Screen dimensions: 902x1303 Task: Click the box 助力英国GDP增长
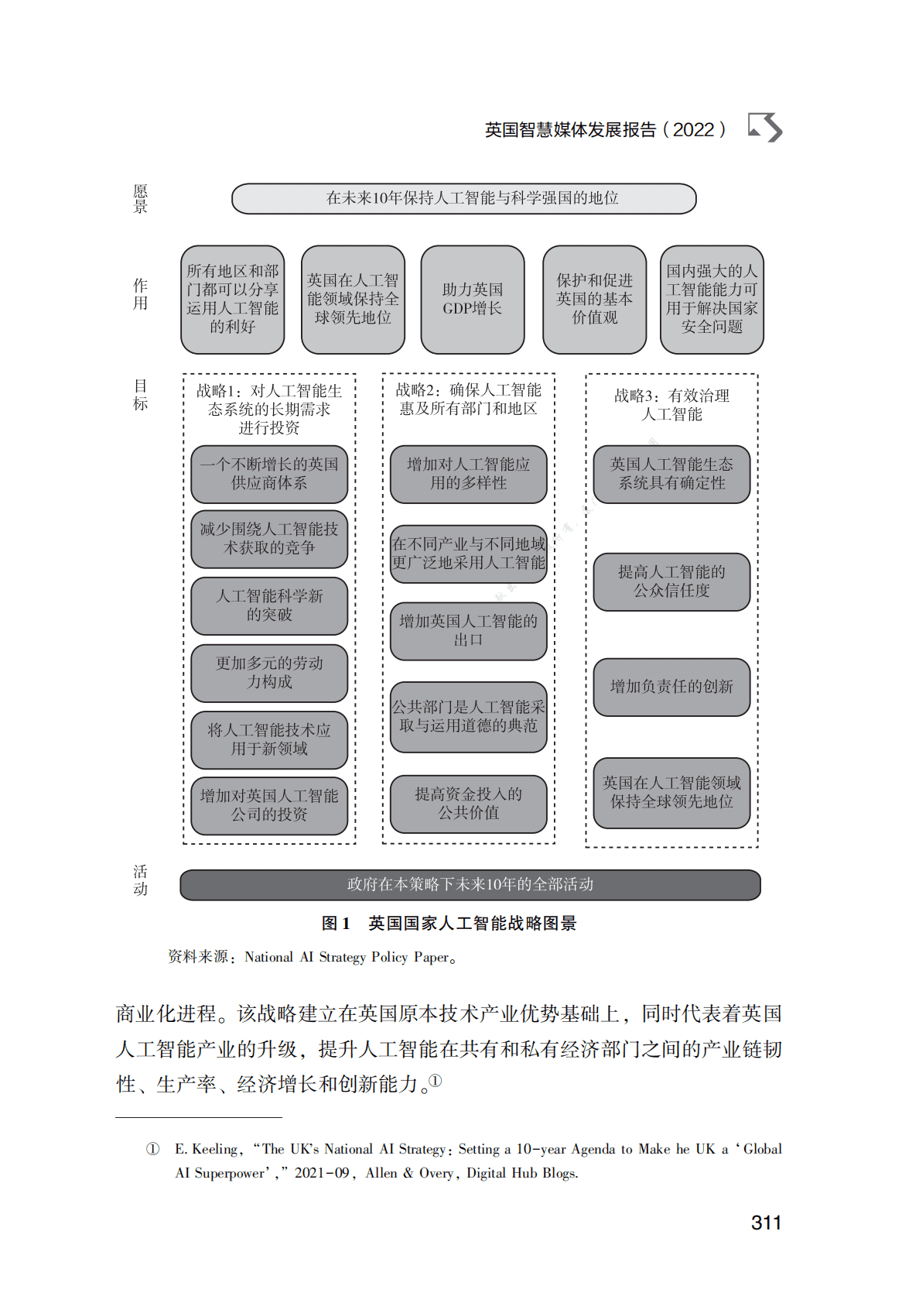pyautogui.click(x=472, y=300)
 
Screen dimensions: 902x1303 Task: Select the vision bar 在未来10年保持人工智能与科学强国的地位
pyautogui.click(x=464, y=198)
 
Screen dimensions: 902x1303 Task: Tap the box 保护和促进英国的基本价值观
pyautogui.click(x=594, y=300)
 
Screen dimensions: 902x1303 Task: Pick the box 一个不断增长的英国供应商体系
pyautogui.click(x=269, y=474)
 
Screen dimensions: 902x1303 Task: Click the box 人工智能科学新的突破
pyautogui.click(x=269, y=605)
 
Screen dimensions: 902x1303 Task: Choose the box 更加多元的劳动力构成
pyautogui.click(x=269, y=673)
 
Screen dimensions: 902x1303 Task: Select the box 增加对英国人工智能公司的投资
pyautogui.click(x=269, y=805)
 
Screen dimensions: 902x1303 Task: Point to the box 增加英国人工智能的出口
pyautogui.click(x=468, y=631)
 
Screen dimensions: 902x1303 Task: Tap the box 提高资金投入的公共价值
pyautogui.click(x=468, y=804)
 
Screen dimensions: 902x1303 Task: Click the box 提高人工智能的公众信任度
pyautogui.click(x=671, y=581)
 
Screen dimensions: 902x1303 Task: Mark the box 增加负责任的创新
pyautogui.click(x=671, y=687)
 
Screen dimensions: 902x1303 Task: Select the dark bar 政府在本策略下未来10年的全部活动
pyautogui.click(x=470, y=885)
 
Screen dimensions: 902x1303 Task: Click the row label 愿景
pyautogui.click(x=140, y=198)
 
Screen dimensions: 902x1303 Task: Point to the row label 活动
pyautogui.click(x=140, y=880)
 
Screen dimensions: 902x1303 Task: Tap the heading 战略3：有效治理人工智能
pyautogui.click(x=671, y=405)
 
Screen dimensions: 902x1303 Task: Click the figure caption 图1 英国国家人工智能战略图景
pyautogui.click(x=449, y=924)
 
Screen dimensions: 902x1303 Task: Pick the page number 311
pyautogui.click(x=766, y=1223)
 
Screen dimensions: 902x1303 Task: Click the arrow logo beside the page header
pyautogui.click(x=765, y=128)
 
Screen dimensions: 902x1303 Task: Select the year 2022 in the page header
pyautogui.click(x=693, y=130)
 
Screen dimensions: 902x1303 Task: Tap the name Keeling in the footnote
pyautogui.click(x=214, y=1150)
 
